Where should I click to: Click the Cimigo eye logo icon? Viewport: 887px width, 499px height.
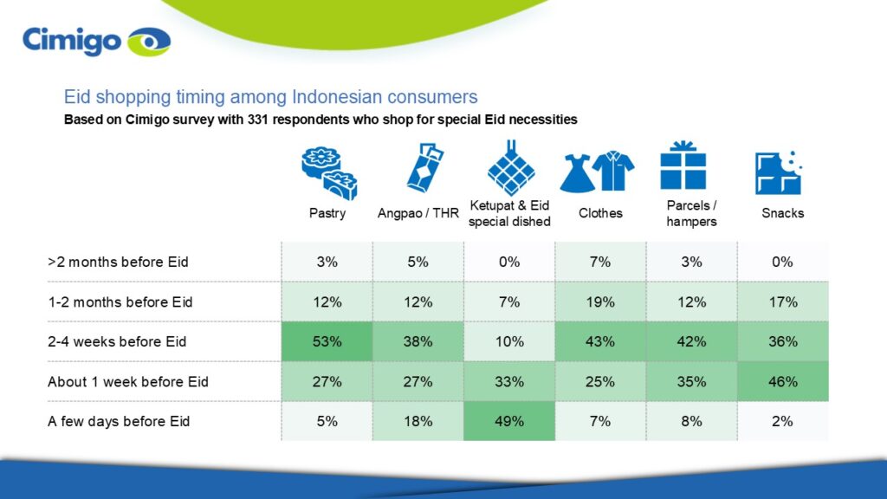[149, 42]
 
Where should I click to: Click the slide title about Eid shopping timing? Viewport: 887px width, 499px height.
[270, 96]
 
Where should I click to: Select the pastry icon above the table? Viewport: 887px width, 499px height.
[328, 173]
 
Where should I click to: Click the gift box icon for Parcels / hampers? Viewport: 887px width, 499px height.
[683, 166]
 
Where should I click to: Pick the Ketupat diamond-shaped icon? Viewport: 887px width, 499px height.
[508, 166]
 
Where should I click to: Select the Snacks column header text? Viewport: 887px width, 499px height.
[782, 213]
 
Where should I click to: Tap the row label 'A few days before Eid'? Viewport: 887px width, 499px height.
[119, 421]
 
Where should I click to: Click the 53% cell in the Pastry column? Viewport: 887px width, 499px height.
[327, 341]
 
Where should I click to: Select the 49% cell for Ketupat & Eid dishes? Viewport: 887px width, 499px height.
[509, 421]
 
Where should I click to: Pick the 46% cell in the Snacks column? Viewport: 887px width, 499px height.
[782, 381]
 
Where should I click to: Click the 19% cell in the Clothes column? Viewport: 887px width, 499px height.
[600, 301]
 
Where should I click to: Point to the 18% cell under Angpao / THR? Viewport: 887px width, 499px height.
[418, 421]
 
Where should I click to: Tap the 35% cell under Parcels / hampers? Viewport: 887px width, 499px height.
[691, 381]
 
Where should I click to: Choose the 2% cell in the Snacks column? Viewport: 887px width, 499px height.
[782, 421]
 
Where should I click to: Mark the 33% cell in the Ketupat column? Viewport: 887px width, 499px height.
[509, 381]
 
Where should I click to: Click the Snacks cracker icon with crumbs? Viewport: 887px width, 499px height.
[777, 172]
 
